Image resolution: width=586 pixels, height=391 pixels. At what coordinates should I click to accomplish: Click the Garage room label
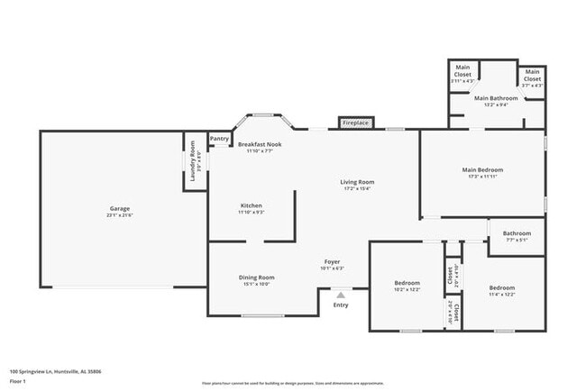point(120,208)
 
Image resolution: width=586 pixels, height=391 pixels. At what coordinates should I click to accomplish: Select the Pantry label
point(219,139)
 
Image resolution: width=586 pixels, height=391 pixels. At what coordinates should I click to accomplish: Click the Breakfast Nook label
point(261,144)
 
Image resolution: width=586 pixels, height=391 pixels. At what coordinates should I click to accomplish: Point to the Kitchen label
point(251,205)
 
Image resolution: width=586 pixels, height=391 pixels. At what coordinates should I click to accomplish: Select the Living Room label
point(357,182)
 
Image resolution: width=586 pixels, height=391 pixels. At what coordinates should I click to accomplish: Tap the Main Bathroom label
point(498,97)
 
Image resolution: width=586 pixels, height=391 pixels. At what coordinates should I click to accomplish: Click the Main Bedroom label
point(482,169)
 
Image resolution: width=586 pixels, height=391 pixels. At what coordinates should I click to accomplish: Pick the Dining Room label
point(256,277)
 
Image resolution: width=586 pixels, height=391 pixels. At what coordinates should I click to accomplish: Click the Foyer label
point(333,262)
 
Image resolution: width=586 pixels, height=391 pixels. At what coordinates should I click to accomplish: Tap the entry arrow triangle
point(341,293)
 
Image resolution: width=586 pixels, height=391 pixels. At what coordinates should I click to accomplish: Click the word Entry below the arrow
point(341,305)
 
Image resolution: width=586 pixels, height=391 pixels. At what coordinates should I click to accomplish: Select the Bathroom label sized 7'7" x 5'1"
point(517,232)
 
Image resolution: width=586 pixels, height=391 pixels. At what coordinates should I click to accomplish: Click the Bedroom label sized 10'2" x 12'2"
point(406,285)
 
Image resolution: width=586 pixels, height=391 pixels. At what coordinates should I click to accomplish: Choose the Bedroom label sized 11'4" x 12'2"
point(501,287)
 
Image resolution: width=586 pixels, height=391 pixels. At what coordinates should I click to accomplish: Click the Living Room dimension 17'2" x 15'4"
point(357,189)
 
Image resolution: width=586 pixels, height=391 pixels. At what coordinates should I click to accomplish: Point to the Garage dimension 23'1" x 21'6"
point(120,215)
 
